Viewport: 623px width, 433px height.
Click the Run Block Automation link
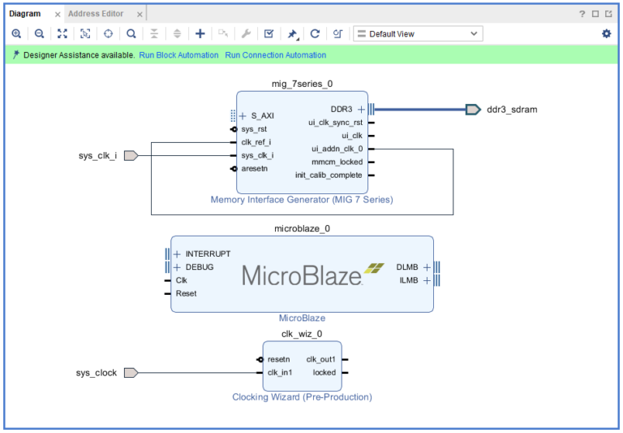(x=178, y=55)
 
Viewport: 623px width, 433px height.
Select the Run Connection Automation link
(x=275, y=55)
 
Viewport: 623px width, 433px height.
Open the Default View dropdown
(x=418, y=34)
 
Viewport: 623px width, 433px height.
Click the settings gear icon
(x=606, y=34)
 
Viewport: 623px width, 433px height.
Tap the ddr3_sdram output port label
(x=511, y=110)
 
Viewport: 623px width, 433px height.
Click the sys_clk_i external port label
(x=97, y=156)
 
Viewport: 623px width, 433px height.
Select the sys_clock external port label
(x=97, y=373)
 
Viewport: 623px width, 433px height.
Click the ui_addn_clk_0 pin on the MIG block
(x=337, y=149)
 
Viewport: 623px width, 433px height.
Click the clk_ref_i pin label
(x=256, y=142)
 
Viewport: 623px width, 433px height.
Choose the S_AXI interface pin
(x=261, y=116)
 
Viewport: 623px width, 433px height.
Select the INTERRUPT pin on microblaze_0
(x=208, y=253)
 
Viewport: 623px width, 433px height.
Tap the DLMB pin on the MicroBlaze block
(x=408, y=266)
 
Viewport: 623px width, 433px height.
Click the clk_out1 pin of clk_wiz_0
(x=320, y=359)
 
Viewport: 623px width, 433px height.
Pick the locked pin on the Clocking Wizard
(x=324, y=373)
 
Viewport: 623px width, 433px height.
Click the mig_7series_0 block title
(x=302, y=84)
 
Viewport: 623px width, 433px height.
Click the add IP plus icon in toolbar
(x=200, y=34)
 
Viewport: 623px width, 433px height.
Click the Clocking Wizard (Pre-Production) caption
(x=302, y=397)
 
